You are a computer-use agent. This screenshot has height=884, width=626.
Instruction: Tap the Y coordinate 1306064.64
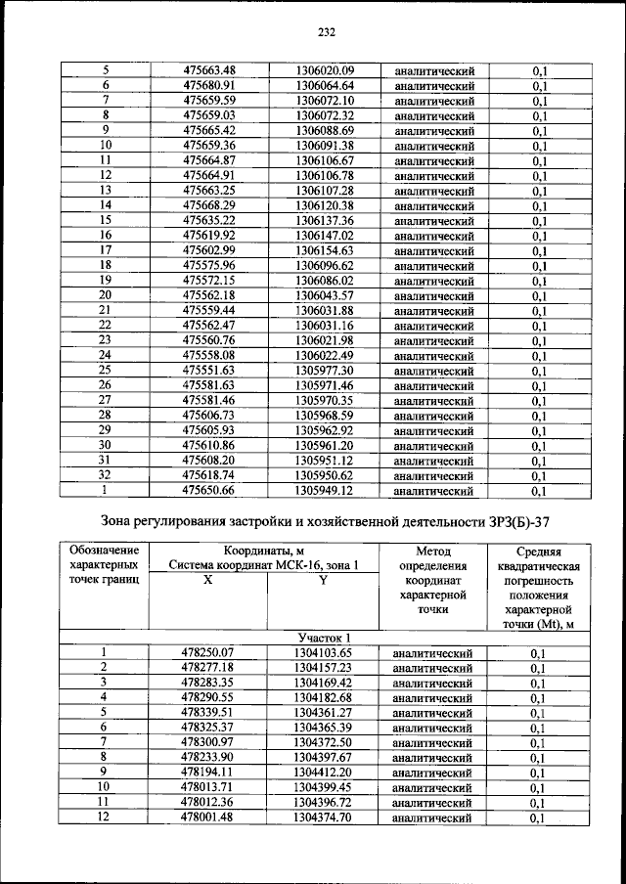(324, 85)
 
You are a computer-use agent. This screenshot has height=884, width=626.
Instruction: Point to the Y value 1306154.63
(324, 250)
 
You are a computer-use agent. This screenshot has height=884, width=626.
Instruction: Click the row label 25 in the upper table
(106, 371)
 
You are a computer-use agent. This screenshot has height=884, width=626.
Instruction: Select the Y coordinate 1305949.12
(324, 491)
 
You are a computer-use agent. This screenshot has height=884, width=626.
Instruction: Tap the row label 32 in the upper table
(106, 475)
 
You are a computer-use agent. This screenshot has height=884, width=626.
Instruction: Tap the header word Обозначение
(106, 551)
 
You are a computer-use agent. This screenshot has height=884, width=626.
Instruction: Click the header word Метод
(431, 551)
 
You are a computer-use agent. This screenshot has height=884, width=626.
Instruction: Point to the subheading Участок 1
(324, 637)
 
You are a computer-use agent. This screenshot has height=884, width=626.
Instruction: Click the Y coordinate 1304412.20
(323, 773)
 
